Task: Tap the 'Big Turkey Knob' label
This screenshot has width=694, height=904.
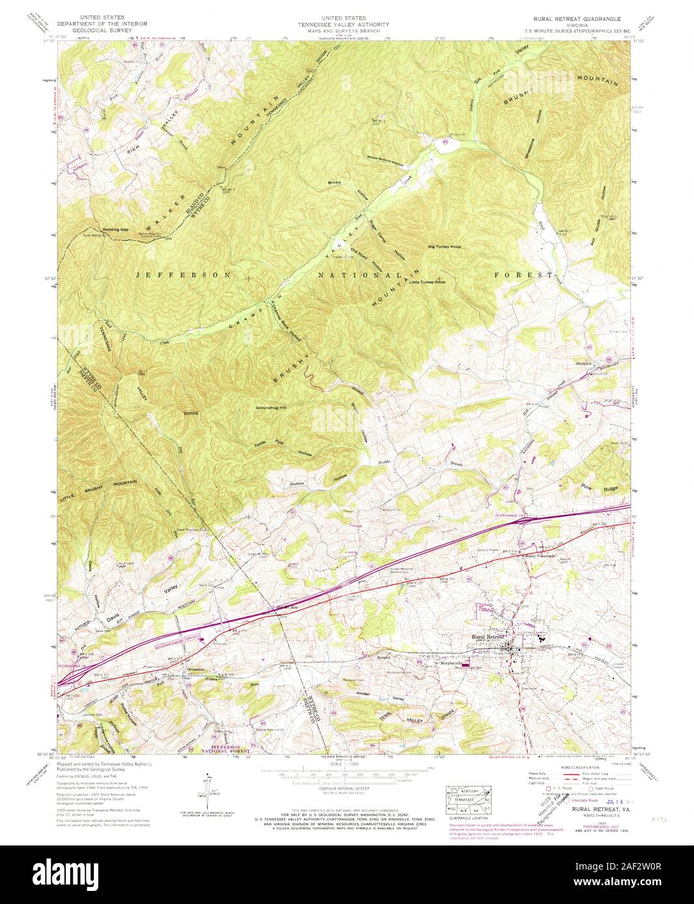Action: pos(445,247)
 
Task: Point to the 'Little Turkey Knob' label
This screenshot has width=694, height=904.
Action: pos(428,282)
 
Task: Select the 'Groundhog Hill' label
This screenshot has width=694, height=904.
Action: pos(271,408)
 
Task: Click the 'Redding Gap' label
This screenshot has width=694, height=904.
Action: pos(96,230)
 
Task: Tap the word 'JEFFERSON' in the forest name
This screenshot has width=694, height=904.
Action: pos(183,275)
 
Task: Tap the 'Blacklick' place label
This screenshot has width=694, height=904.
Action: pos(582,363)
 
